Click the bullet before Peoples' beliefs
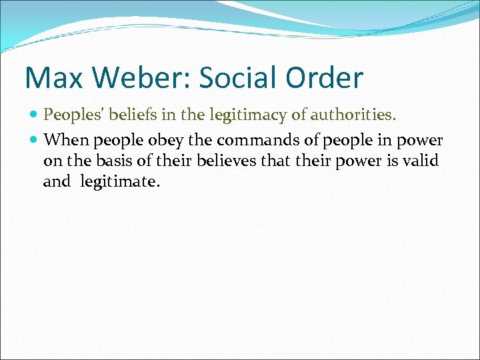[34, 115]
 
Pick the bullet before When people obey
[34, 141]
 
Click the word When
[67, 141]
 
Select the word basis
[109, 161]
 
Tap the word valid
[421, 161]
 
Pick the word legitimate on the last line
[120, 181]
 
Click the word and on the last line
[56, 181]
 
